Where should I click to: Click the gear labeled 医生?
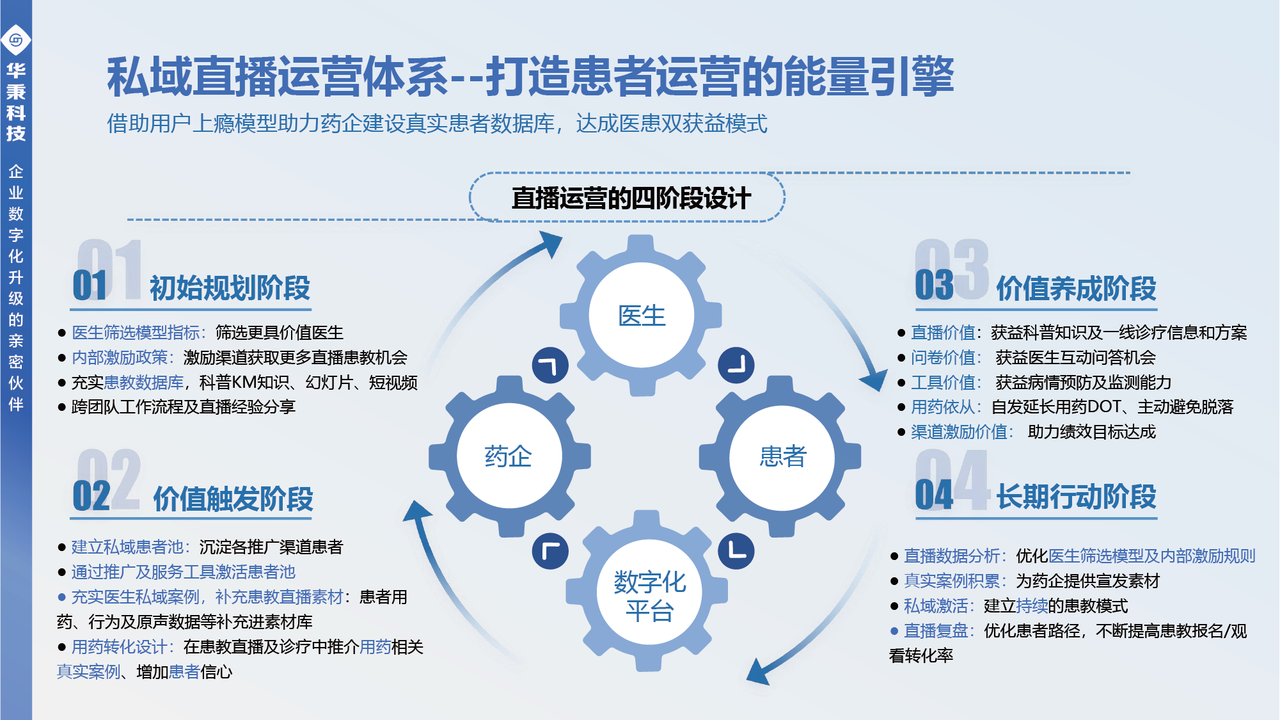[x=641, y=316]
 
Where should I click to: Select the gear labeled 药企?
[x=509, y=456]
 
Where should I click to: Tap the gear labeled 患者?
[x=782, y=456]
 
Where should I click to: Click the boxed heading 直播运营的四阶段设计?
[x=630, y=198]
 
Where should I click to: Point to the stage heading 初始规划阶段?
[x=230, y=288]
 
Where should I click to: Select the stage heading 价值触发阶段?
[x=233, y=499]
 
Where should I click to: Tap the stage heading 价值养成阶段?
[x=1076, y=288]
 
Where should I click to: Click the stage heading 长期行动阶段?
[x=1076, y=497]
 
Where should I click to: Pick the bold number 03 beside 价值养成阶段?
[x=934, y=285]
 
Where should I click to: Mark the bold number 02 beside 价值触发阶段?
[x=91, y=496]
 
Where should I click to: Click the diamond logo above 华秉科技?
[x=16, y=40]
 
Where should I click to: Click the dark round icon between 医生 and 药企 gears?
[x=550, y=365]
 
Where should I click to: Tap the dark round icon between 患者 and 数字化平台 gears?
[x=736, y=551]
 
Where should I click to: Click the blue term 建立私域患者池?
[x=127, y=547]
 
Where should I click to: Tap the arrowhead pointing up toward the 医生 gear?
[x=551, y=243]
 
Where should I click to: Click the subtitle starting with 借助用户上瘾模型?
[x=437, y=124]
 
